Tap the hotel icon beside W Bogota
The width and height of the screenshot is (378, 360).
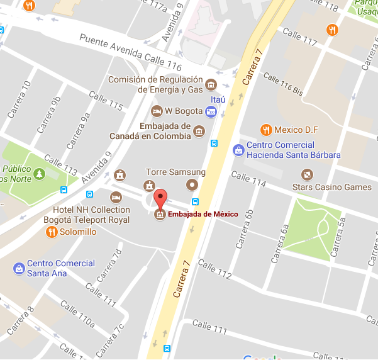click(x=157, y=111)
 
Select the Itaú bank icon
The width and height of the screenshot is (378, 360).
click(x=211, y=112)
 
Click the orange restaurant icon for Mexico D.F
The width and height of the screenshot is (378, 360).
click(x=266, y=130)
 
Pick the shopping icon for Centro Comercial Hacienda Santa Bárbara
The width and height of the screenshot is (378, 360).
click(x=238, y=150)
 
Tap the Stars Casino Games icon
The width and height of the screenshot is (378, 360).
click(x=306, y=174)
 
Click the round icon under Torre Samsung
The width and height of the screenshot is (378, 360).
click(x=192, y=184)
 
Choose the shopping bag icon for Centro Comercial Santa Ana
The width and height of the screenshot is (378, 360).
click(x=19, y=268)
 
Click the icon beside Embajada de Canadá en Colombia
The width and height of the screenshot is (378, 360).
click(x=199, y=131)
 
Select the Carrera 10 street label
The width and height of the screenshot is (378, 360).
click(x=18, y=99)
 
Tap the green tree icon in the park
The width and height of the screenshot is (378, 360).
click(x=40, y=173)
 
